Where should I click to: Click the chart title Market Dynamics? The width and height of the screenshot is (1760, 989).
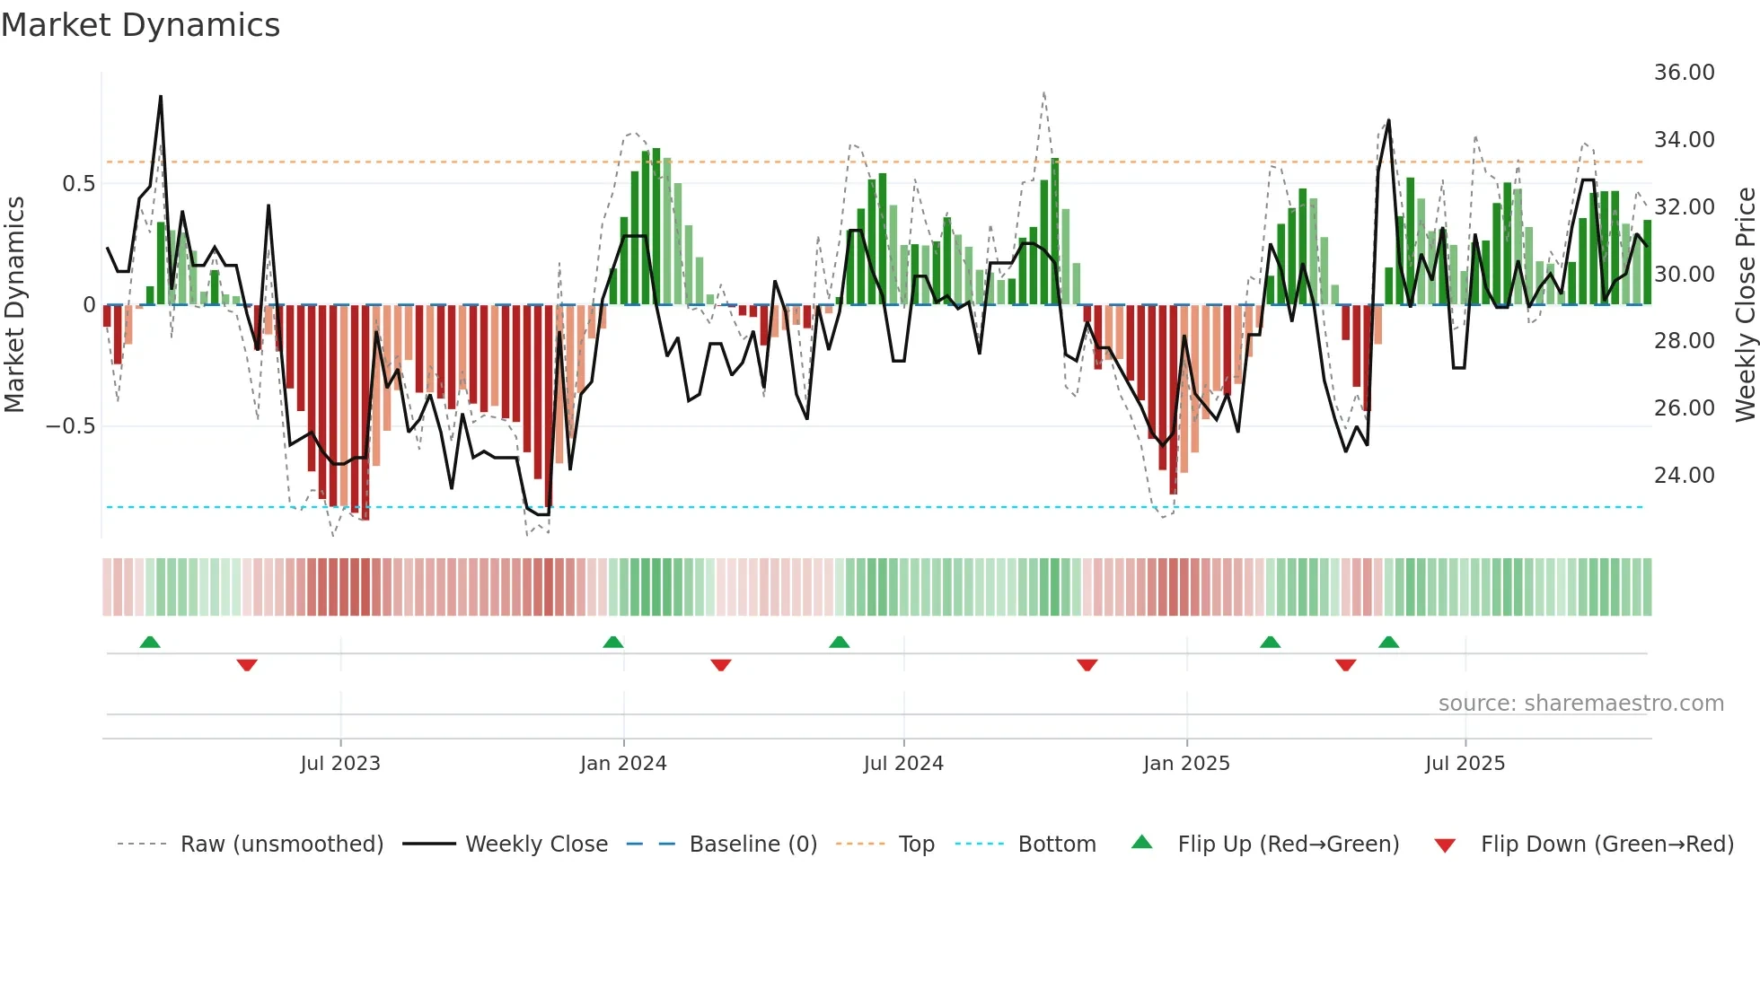click(x=140, y=25)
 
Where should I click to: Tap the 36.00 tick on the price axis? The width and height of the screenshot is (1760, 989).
click(x=1684, y=73)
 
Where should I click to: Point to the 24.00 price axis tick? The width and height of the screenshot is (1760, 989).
click(x=1684, y=475)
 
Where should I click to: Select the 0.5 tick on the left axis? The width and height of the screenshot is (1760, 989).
click(x=78, y=184)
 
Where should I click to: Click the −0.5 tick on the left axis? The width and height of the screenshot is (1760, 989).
click(x=70, y=426)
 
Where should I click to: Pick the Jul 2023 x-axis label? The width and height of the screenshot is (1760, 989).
click(x=340, y=764)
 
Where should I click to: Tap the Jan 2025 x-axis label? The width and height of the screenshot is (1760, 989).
click(x=1186, y=764)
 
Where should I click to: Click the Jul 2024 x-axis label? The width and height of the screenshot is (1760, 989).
click(x=903, y=764)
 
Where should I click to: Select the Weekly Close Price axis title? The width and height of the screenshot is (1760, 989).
click(x=1745, y=305)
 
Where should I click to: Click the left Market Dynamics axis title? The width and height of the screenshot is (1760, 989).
click(x=14, y=305)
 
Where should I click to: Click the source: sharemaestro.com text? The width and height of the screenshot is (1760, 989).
click(x=1580, y=704)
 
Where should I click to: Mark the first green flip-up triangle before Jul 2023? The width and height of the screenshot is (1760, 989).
click(x=150, y=643)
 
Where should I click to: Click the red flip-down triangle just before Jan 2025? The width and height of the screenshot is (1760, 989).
click(x=1087, y=665)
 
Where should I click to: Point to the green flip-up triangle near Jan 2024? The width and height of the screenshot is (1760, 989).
click(x=613, y=643)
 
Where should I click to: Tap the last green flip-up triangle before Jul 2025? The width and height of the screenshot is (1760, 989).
click(x=1388, y=643)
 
